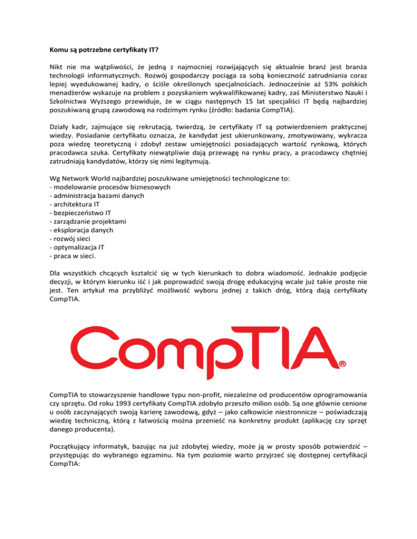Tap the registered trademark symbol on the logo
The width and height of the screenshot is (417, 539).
[x=343, y=365]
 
